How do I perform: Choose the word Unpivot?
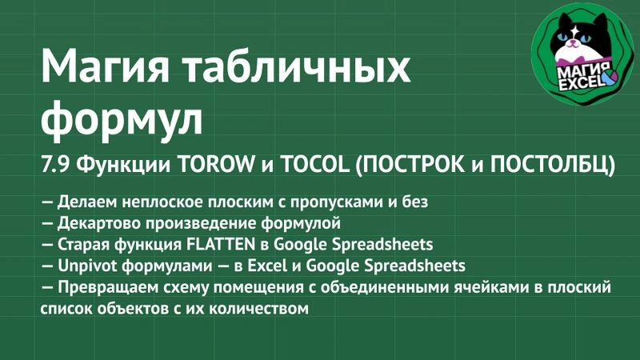click(89, 265)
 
